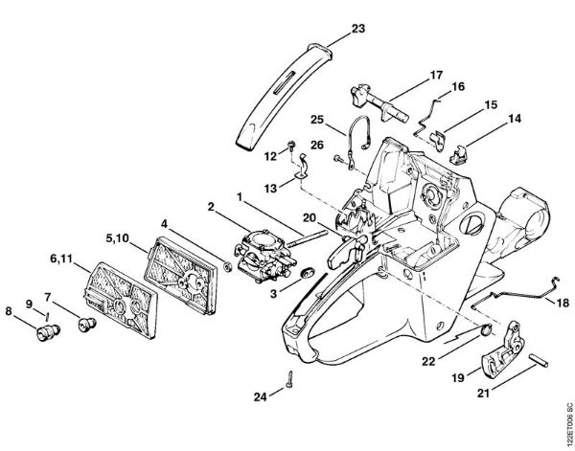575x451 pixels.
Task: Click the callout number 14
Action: (x=515, y=120)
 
